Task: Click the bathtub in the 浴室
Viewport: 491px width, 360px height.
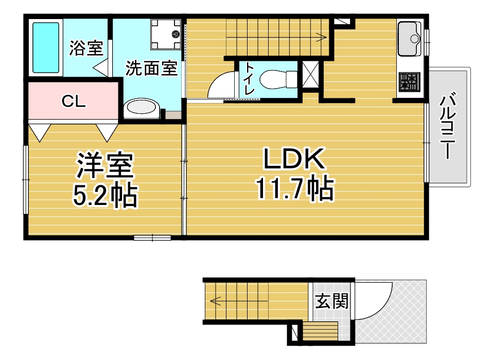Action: [46, 47]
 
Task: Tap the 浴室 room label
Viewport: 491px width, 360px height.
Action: [86, 48]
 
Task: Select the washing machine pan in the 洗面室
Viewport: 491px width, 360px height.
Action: [166, 34]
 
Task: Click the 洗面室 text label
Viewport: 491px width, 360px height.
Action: [151, 68]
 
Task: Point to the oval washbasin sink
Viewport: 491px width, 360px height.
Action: [141, 108]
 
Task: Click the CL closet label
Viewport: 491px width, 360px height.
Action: [74, 101]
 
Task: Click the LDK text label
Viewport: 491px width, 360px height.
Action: [294, 159]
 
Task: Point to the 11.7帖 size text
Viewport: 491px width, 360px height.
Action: [295, 188]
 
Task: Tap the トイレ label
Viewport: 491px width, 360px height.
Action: [249, 79]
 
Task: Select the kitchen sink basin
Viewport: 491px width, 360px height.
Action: [410, 39]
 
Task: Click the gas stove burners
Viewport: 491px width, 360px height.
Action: [409, 81]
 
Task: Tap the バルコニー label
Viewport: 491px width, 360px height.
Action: [447, 125]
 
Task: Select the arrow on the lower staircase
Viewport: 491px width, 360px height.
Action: [239, 301]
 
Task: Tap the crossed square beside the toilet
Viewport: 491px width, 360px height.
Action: [310, 75]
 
